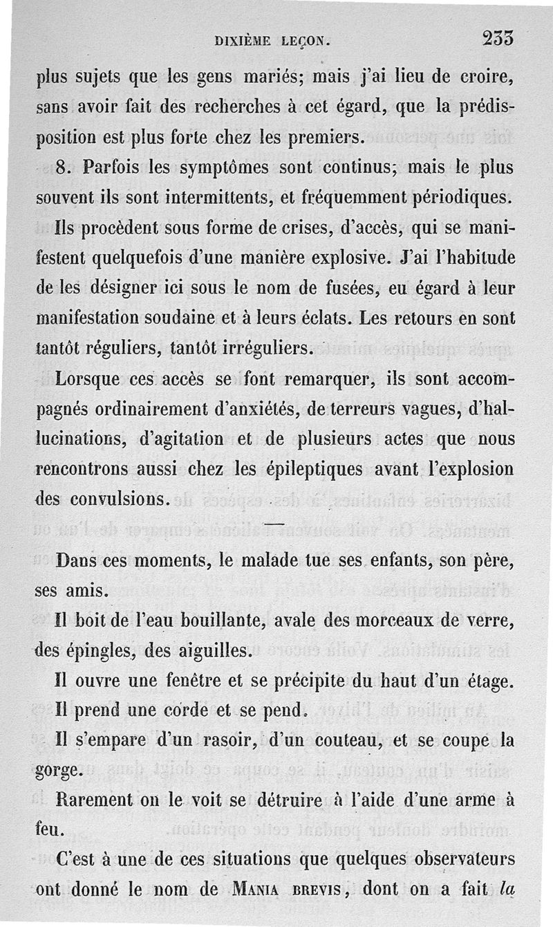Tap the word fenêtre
(x=185, y=681)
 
